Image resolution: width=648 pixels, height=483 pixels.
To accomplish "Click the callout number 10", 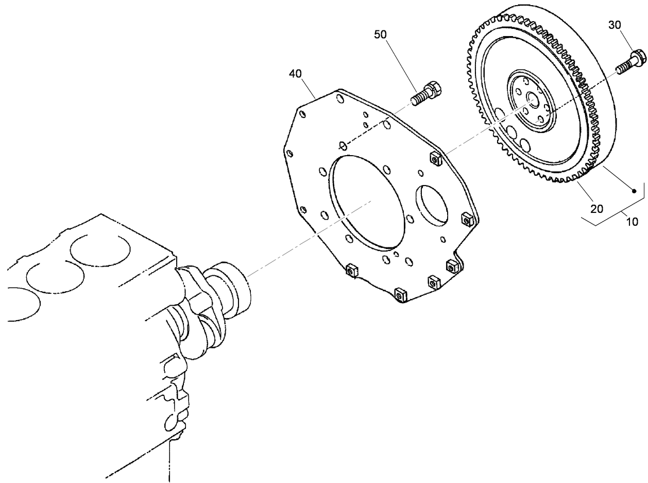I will [632, 222].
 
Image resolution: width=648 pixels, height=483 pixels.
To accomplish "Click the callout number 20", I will [596, 209].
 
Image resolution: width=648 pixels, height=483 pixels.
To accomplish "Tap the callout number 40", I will [295, 74].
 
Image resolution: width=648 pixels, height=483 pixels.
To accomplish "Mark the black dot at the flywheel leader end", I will [635, 191].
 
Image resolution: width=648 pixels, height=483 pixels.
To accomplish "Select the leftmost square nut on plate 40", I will [352, 270].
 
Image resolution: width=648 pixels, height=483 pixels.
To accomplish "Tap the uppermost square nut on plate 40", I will [435, 160].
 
